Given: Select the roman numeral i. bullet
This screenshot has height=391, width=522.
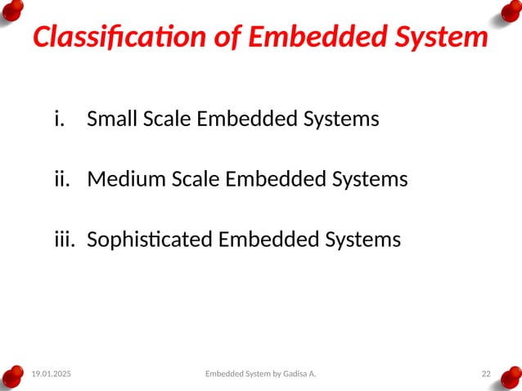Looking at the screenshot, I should pos(58,119).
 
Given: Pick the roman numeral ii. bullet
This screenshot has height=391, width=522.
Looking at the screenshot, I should pos(62,178).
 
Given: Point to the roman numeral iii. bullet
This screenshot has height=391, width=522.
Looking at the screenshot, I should pos(65,239).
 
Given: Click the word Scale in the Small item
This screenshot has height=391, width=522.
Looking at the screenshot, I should pos(168,119).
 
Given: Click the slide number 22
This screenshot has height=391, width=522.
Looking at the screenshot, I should pos(486,374).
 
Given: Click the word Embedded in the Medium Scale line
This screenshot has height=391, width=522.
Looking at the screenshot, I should pos(266,178).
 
